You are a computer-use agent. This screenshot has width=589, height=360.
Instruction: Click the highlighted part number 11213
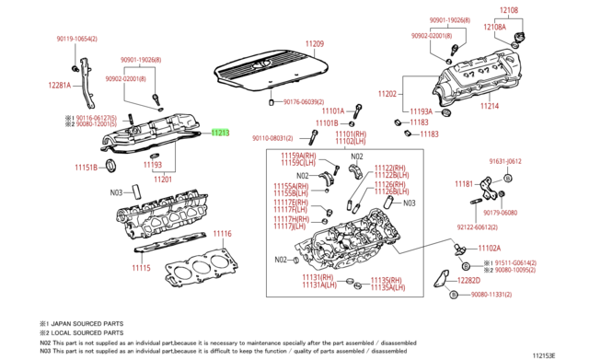pos(219,133)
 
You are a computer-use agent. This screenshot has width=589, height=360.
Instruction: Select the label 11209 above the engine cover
pos(315,44)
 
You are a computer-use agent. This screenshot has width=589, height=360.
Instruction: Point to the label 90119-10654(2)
pos(77,39)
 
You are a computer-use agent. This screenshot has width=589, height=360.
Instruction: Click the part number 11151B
pos(87,168)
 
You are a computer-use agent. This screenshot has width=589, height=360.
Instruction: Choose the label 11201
pos(162,179)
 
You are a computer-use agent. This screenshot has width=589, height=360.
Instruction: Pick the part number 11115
pos(140,268)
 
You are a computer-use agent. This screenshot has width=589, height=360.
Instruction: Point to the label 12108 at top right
pos(509,10)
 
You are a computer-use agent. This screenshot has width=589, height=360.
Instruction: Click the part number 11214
pos(490,106)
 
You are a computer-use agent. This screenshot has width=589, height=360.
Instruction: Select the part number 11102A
pos(489,248)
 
